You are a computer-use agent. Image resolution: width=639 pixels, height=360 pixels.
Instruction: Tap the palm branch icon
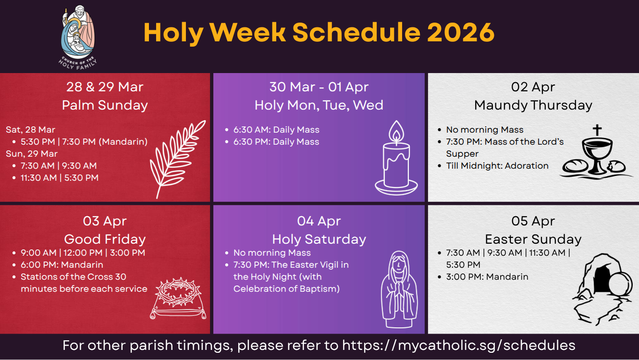pos(177,159)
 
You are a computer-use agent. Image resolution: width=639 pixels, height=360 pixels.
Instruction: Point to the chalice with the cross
pos(597,151)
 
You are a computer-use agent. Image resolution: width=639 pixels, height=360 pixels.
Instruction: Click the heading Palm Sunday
pos(105,105)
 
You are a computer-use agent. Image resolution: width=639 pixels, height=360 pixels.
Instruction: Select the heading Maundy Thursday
pos(533,105)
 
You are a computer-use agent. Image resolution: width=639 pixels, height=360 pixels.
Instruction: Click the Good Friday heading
pos(105,239)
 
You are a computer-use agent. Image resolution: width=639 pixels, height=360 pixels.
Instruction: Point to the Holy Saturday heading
pos(319,239)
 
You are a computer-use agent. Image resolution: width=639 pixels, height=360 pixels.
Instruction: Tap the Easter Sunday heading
pos(533,239)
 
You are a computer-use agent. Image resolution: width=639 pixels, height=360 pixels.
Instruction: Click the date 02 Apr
pos(533,87)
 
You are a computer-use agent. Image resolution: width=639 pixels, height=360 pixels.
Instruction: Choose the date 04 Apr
pos(319,221)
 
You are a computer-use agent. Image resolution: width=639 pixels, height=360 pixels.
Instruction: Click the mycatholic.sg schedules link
pos(458,345)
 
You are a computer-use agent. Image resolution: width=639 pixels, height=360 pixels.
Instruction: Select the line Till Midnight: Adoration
pos(497,166)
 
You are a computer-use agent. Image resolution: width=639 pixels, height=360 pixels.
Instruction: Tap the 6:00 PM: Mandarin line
pos(61,265)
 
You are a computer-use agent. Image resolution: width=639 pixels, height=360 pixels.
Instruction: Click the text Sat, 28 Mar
pos(30,130)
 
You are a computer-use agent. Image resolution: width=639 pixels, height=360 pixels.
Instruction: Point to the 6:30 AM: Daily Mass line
pos(276,130)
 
